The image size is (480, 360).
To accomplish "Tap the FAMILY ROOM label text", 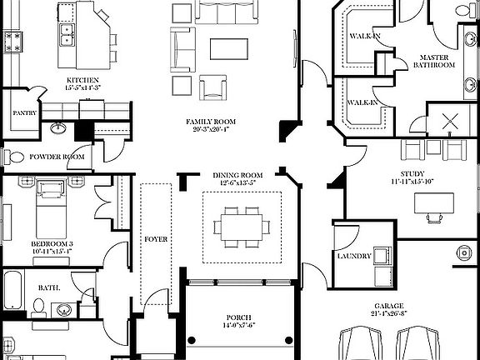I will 208,122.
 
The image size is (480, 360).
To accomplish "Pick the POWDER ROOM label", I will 57,157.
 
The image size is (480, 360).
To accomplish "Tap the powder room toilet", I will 14,157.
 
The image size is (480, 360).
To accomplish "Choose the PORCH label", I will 238,317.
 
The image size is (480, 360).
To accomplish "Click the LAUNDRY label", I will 354,256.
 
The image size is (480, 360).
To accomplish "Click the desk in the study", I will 434,203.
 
